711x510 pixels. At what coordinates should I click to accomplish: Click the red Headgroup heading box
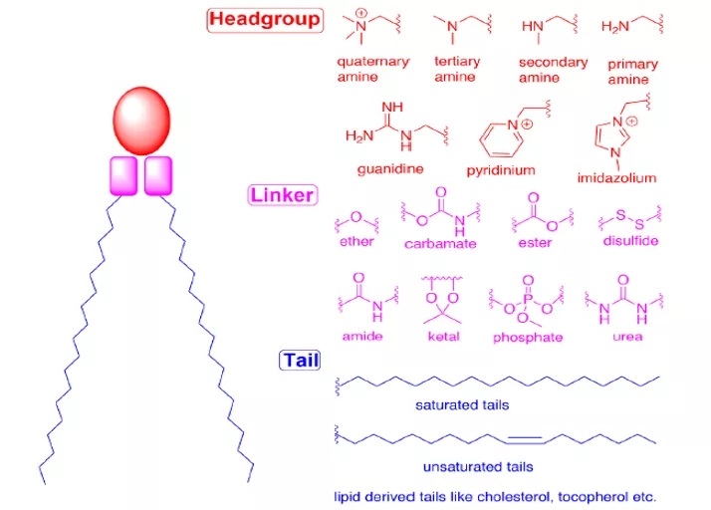tap(264, 19)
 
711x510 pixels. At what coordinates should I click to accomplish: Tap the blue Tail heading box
tap(299, 360)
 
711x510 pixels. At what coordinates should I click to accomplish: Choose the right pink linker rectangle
tap(158, 175)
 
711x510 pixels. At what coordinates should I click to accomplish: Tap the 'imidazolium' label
tap(616, 178)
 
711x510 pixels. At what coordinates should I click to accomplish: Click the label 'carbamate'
tap(440, 243)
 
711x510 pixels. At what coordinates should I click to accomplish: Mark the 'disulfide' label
tap(630, 241)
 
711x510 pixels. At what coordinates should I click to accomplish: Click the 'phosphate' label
tap(527, 337)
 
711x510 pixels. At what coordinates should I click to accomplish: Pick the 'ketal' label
tap(444, 337)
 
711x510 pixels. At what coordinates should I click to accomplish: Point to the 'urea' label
tap(627, 337)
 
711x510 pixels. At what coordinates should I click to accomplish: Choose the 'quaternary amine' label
tap(372, 69)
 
